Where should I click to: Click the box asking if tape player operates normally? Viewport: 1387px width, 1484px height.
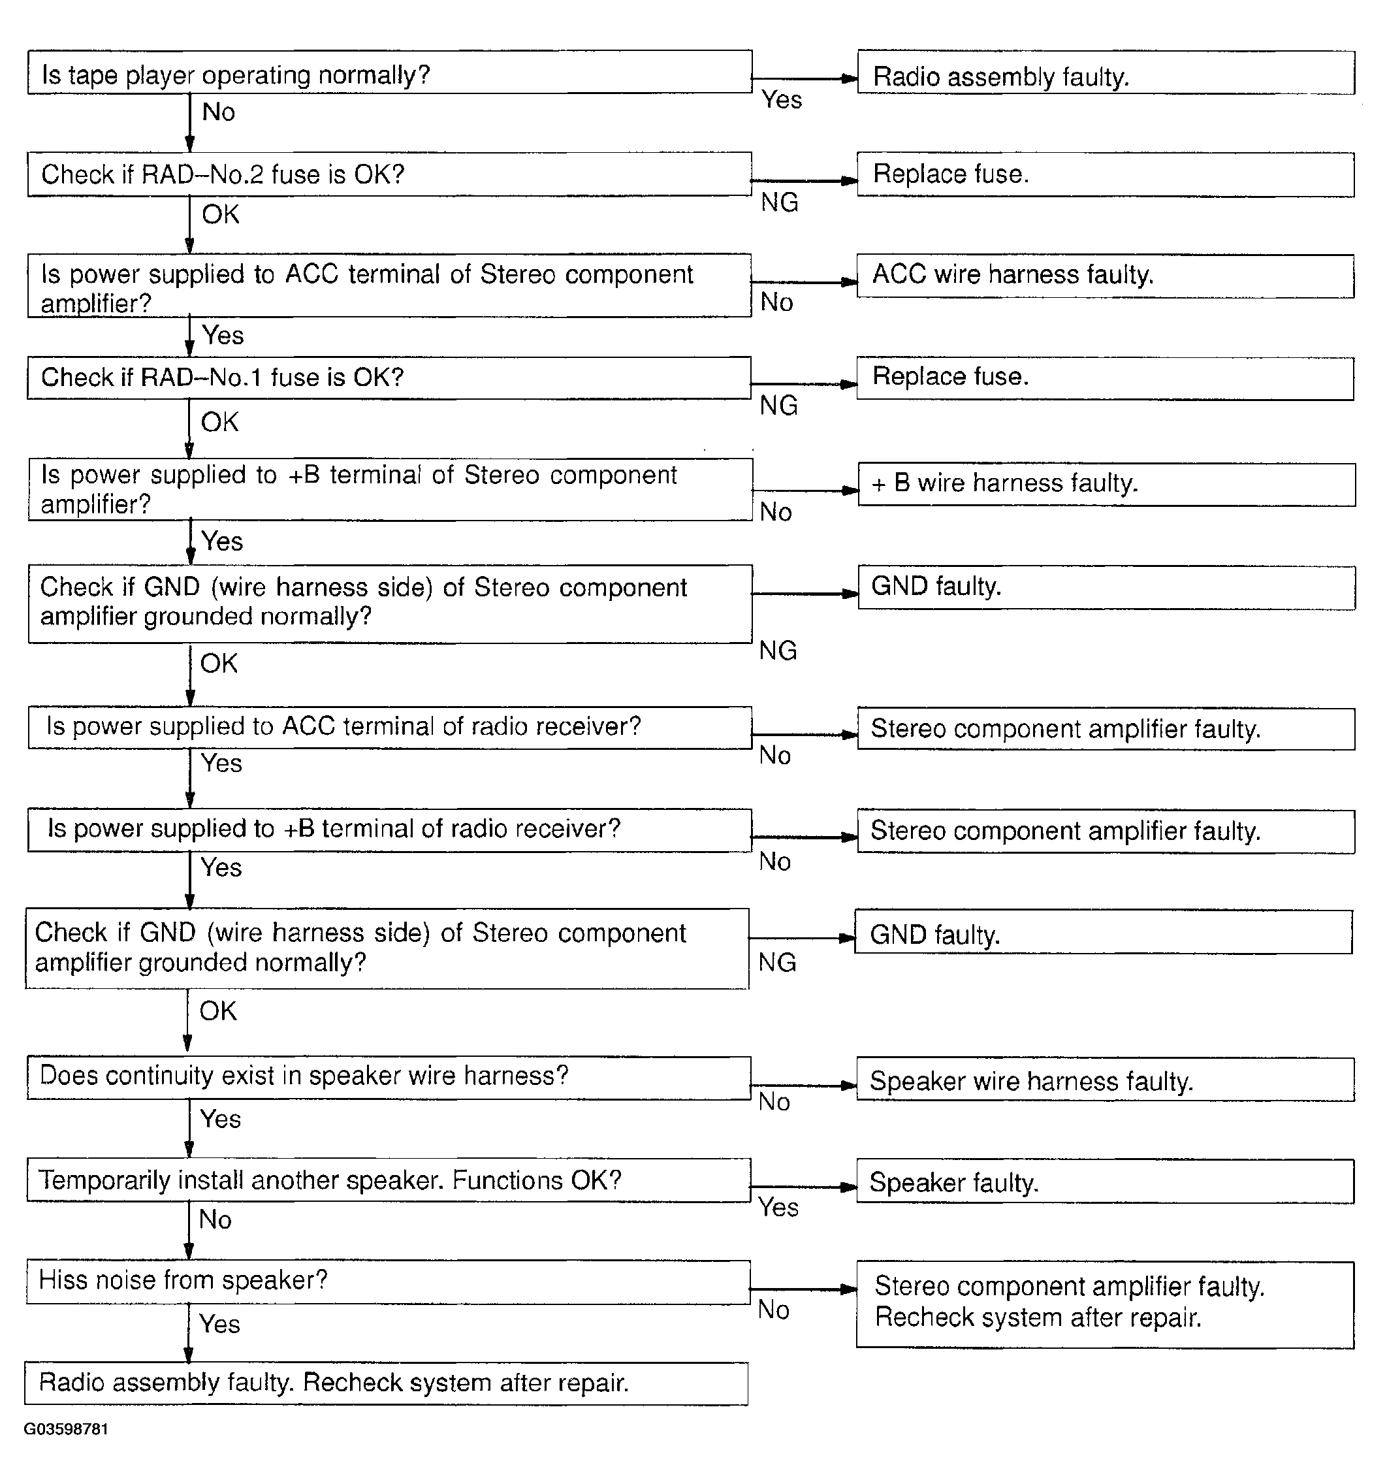389,73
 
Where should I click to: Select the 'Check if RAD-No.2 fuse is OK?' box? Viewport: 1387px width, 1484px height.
389,174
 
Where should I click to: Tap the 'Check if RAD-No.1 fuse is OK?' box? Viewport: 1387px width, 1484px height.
389,378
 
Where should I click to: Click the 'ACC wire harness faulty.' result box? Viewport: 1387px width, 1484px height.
1105,276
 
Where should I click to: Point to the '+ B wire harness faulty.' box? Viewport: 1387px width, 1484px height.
1106,485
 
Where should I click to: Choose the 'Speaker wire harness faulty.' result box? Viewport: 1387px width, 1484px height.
1105,1080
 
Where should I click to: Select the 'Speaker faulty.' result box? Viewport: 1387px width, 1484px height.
1105,1182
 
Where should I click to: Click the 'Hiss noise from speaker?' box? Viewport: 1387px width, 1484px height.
388,1282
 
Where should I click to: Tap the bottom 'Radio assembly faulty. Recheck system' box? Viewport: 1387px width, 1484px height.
386,1383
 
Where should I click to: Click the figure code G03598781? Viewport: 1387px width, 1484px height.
66,1428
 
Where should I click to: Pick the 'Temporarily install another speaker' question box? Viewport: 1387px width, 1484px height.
388,1180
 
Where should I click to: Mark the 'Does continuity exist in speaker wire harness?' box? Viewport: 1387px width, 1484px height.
388,1078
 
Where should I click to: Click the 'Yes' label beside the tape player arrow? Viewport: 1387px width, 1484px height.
781,99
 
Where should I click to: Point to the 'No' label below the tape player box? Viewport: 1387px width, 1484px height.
218,112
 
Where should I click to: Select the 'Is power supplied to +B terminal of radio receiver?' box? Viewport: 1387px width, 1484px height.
389,830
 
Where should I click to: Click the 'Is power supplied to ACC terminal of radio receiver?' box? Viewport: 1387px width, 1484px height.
389,728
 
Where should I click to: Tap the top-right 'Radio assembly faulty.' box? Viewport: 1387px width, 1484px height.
1106,73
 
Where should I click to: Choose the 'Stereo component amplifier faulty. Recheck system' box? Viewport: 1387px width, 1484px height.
1105,1305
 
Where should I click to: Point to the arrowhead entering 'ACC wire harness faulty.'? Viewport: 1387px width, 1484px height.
850,283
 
